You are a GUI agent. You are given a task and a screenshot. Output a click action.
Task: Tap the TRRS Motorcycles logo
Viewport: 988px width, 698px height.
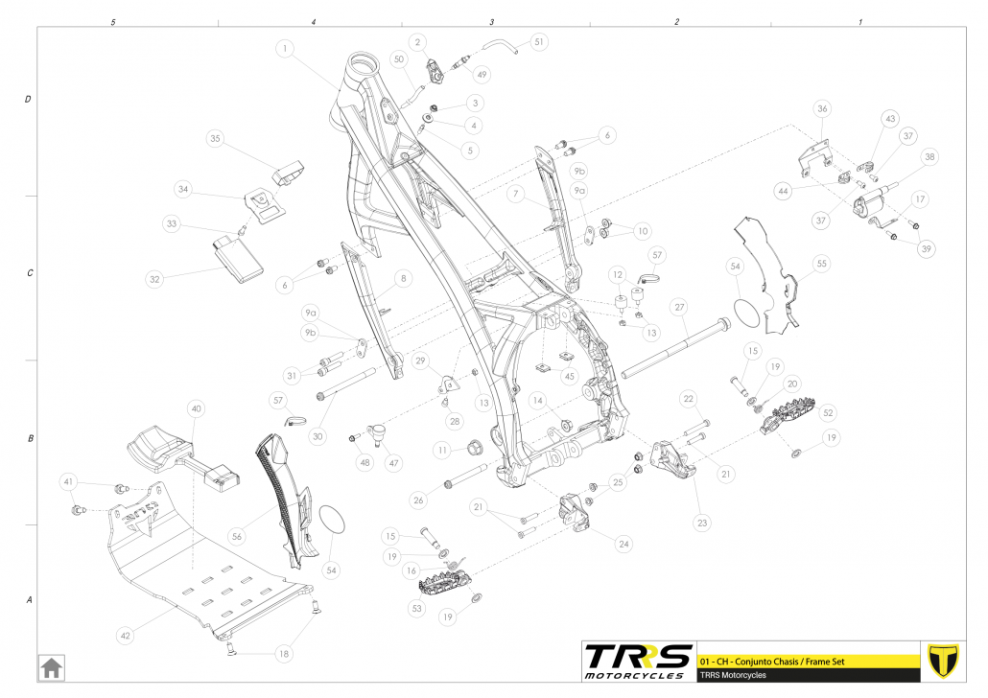[x=638, y=660]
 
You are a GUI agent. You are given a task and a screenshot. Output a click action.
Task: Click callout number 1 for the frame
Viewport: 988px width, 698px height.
[x=285, y=46]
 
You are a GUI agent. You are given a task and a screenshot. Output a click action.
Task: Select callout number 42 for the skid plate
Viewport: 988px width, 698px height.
[x=127, y=634]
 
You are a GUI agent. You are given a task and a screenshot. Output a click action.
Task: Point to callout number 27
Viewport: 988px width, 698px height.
[x=679, y=307]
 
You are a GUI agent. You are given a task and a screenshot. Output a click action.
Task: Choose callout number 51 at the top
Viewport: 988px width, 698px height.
[x=538, y=42]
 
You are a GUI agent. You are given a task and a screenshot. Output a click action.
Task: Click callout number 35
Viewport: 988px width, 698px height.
[x=216, y=139]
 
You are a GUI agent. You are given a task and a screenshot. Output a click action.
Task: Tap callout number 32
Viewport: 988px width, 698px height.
[x=154, y=280]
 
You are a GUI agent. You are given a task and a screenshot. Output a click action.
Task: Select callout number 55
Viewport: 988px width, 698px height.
[x=821, y=262]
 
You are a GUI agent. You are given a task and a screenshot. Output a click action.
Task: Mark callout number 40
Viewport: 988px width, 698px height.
[x=196, y=409]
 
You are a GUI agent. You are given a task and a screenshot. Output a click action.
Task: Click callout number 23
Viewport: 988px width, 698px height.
[x=703, y=523]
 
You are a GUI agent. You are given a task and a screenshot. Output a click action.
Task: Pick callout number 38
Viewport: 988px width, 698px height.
[x=929, y=156]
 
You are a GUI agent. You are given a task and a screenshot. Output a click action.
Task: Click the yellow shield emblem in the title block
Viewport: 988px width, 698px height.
[x=945, y=660]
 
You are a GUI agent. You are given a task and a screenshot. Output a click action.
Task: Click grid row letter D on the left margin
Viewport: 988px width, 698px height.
[x=28, y=100]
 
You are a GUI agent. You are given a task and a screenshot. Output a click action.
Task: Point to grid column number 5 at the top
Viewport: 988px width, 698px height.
[x=114, y=21]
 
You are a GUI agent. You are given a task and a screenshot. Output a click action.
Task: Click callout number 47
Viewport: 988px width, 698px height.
[x=394, y=462]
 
